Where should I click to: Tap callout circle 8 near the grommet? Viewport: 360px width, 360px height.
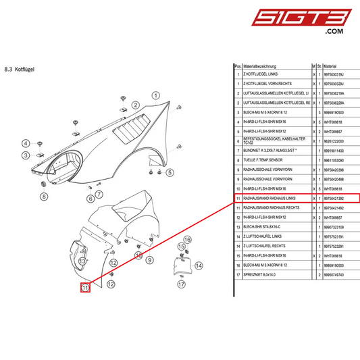(43, 197)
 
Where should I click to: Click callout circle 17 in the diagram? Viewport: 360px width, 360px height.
(180, 284)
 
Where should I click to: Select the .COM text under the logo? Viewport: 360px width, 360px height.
(334, 31)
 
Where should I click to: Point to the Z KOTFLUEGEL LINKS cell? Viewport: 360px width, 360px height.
(265, 74)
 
